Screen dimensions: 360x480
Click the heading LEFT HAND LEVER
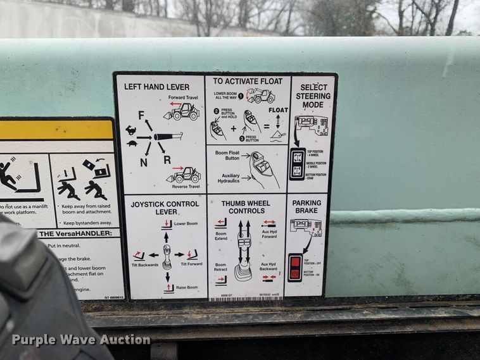click(x=156, y=87)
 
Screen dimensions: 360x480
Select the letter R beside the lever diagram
click(x=167, y=160)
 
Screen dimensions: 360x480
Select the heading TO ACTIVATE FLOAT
click(x=248, y=81)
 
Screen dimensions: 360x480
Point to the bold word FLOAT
click(x=278, y=110)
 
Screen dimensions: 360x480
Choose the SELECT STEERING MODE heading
click(x=313, y=96)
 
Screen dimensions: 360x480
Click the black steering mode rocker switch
click(x=297, y=164)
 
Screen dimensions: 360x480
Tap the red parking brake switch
click(x=294, y=267)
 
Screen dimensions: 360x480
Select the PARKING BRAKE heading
click(x=306, y=207)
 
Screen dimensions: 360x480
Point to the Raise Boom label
click(x=187, y=287)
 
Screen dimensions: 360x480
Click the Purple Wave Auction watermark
click(x=81, y=340)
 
